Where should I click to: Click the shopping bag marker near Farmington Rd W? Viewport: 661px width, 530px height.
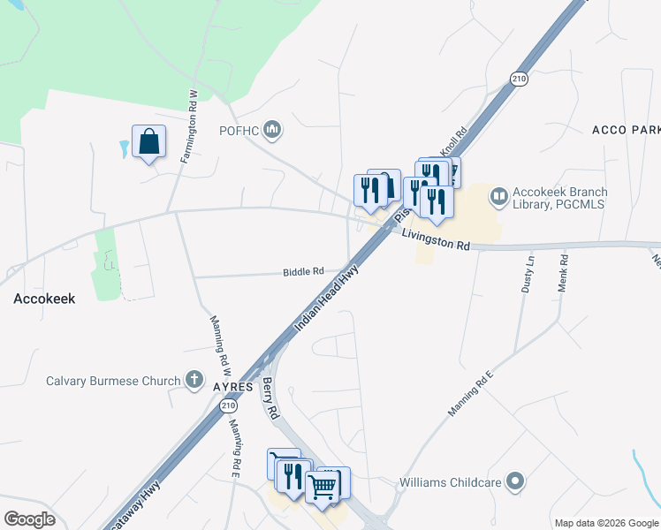click(x=148, y=141)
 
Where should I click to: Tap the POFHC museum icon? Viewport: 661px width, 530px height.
click(x=272, y=131)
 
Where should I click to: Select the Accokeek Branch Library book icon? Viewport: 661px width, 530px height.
click(x=499, y=195)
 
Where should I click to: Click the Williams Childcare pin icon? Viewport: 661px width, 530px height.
click(x=517, y=482)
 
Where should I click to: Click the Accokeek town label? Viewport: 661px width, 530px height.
click(x=43, y=299)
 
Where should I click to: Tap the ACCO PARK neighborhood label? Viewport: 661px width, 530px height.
click(x=626, y=130)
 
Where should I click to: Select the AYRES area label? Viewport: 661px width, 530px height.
click(x=233, y=387)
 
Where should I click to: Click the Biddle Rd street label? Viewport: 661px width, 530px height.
click(x=303, y=272)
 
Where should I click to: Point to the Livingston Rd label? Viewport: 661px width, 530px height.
click(x=435, y=238)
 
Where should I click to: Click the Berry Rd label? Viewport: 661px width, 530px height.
click(x=270, y=398)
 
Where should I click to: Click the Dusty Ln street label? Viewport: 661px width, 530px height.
click(x=530, y=275)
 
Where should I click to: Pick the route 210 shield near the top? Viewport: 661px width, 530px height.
click(x=519, y=79)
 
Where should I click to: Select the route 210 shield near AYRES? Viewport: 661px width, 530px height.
click(x=228, y=405)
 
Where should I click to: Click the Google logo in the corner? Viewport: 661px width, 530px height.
click(x=29, y=519)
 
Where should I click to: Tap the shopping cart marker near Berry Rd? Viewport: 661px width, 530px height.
click(x=323, y=485)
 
